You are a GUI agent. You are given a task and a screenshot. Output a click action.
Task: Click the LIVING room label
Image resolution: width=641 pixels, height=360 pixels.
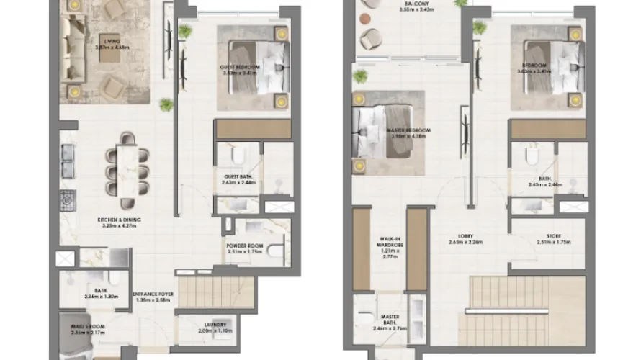[111, 40]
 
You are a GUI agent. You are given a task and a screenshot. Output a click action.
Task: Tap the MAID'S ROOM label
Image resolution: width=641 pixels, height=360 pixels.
[87, 328]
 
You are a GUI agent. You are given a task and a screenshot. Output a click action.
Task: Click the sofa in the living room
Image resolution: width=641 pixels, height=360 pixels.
[73, 50]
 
